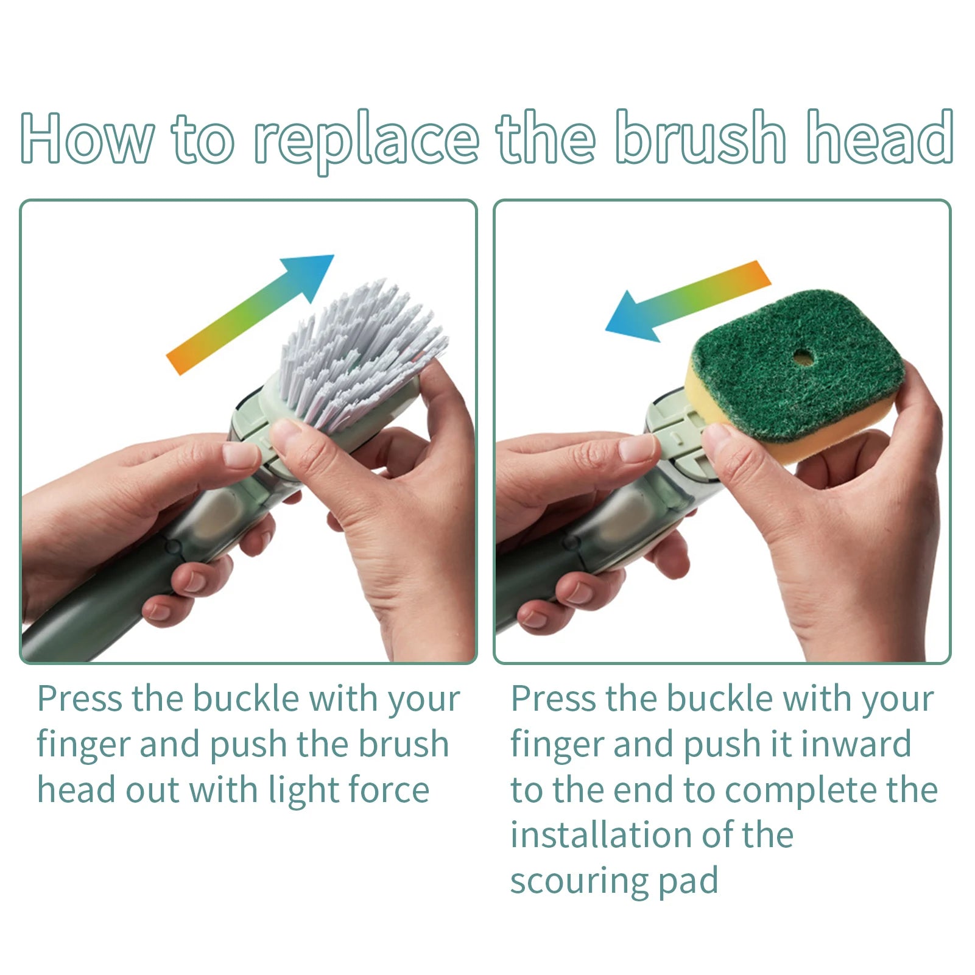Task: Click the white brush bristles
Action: click(359, 353)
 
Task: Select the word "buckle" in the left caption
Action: click(246, 699)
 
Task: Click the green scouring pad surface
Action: click(798, 362)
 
